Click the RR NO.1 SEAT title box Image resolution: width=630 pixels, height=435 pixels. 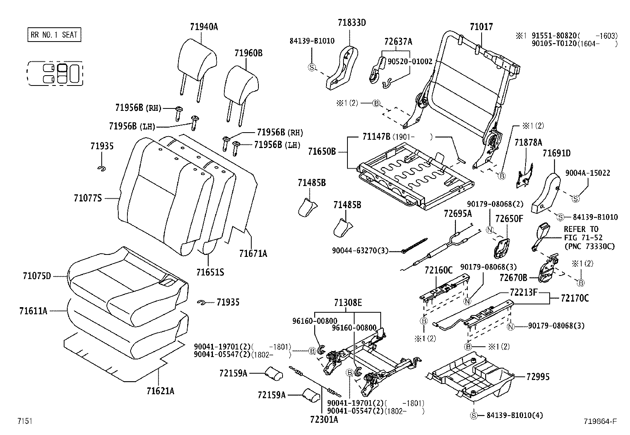pyautogui.click(x=54, y=35)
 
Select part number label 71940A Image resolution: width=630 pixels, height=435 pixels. pyautogui.click(x=204, y=27)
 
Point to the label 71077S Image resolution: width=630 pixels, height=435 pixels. pyautogui.click(x=87, y=198)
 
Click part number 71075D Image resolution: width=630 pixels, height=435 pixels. pyautogui.click(x=37, y=276)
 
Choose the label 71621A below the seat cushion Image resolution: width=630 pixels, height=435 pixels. pyautogui.click(x=160, y=391)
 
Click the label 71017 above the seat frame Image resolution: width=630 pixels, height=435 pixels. pyautogui.click(x=481, y=27)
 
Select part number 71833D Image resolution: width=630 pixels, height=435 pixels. pyautogui.click(x=352, y=23)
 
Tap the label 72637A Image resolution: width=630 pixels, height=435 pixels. pyautogui.click(x=398, y=42)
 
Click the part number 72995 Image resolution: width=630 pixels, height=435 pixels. pyautogui.click(x=538, y=377)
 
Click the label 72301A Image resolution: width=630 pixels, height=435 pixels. pyautogui.click(x=324, y=420)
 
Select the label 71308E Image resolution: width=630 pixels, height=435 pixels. pyautogui.click(x=347, y=303)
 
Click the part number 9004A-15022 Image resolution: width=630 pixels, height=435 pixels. pyautogui.click(x=587, y=173)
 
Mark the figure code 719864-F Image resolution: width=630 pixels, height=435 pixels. pyautogui.click(x=600, y=421)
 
